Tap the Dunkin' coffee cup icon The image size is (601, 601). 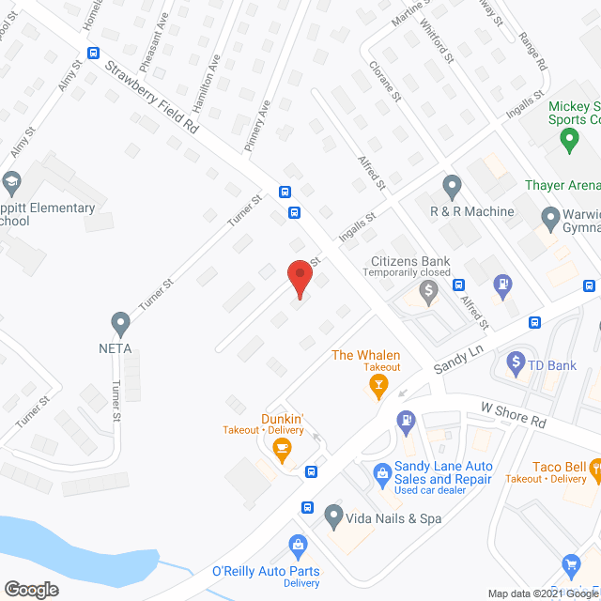(x=281, y=452)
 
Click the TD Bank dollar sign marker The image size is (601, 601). (x=515, y=361)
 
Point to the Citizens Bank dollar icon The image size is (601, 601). (x=429, y=292)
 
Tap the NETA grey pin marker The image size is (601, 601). (x=119, y=324)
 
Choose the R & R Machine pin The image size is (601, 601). (x=452, y=185)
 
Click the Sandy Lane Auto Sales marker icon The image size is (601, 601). (x=382, y=473)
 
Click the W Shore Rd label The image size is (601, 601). (x=513, y=415)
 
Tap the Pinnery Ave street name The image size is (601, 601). (x=257, y=127)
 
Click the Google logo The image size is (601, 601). (x=30, y=590)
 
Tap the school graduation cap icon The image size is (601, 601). (x=11, y=180)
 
